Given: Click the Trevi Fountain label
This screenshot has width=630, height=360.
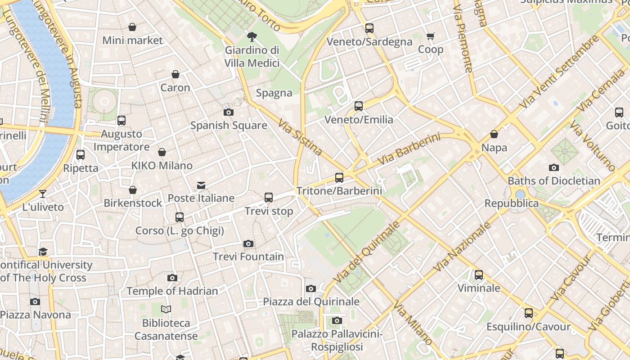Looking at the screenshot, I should (x=248, y=256).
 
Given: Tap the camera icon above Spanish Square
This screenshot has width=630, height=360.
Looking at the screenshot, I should (x=229, y=112).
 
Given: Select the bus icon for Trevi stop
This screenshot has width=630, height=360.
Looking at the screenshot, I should (x=269, y=197).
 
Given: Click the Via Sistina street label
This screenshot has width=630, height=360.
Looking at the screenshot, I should (x=300, y=137).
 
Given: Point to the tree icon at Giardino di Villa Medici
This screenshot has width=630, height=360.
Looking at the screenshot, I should (x=252, y=36).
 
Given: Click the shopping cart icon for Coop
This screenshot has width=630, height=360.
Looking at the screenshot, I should (x=431, y=36).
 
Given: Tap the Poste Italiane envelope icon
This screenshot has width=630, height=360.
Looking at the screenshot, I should (x=201, y=185).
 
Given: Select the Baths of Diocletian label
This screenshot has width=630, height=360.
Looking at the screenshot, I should (x=554, y=181).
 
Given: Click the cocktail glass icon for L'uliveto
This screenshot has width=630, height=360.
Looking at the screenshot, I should (x=43, y=194).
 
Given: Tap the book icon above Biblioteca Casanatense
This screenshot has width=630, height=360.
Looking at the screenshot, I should (x=166, y=310).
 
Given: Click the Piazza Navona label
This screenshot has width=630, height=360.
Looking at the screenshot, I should (x=36, y=315).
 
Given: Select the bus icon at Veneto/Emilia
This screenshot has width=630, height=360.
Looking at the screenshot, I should (x=359, y=106).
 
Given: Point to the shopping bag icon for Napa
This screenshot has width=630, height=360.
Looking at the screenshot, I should (x=494, y=134).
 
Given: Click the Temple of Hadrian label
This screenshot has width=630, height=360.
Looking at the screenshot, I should (x=172, y=291).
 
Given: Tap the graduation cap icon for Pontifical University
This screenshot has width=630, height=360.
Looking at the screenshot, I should (x=43, y=252).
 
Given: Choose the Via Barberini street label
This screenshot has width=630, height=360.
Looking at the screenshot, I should (x=409, y=149).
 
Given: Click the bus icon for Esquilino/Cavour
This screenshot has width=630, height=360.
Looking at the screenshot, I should (x=529, y=313).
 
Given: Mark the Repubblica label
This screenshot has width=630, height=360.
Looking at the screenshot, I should (x=511, y=203).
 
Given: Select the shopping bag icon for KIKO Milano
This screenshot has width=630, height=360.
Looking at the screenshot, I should (x=162, y=153).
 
